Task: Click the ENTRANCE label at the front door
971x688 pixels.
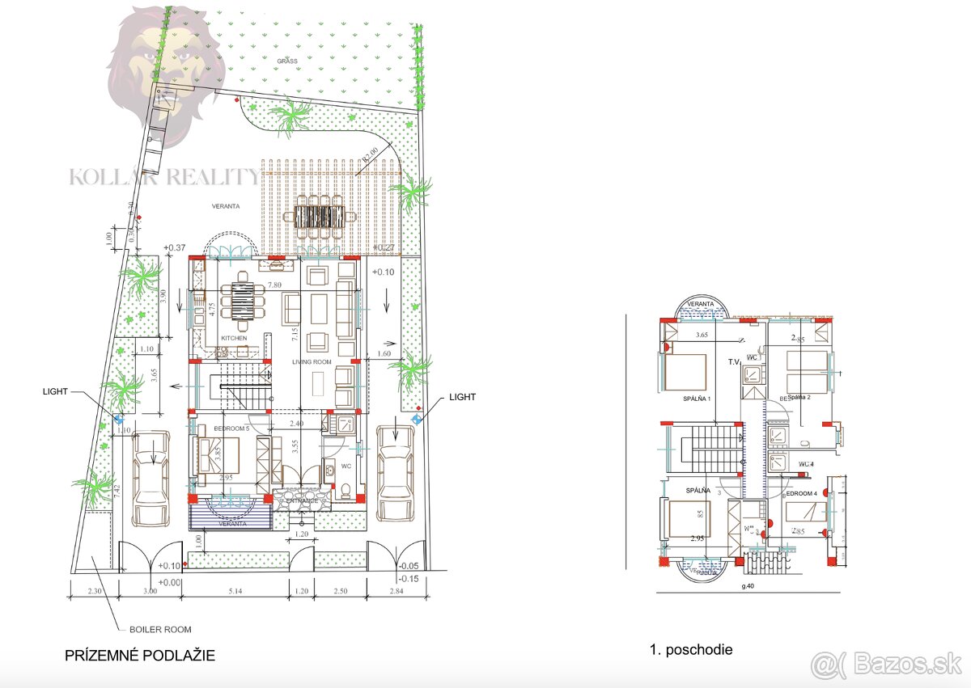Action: click(295, 501)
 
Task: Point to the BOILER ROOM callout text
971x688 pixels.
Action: click(160, 629)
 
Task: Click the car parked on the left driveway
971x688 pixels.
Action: click(151, 479)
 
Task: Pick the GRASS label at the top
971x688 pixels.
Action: click(286, 61)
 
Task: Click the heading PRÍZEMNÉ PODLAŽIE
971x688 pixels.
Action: click(140, 656)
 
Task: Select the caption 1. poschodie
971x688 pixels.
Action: click(692, 649)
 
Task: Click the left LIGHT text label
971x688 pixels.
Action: click(61, 391)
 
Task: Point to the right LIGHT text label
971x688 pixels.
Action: click(462, 397)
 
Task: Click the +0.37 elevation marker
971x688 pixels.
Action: click(174, 247)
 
